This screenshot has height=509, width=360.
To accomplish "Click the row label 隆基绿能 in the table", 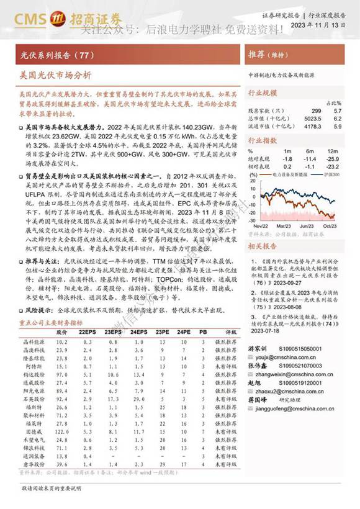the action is coord(32,359).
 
